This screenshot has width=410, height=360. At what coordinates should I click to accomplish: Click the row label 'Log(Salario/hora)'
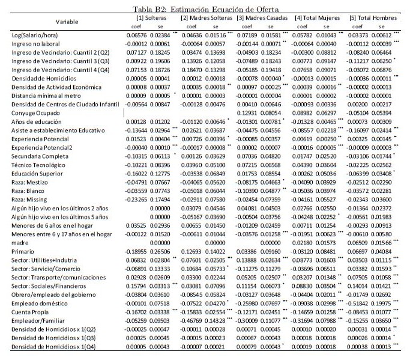[37, 37]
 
